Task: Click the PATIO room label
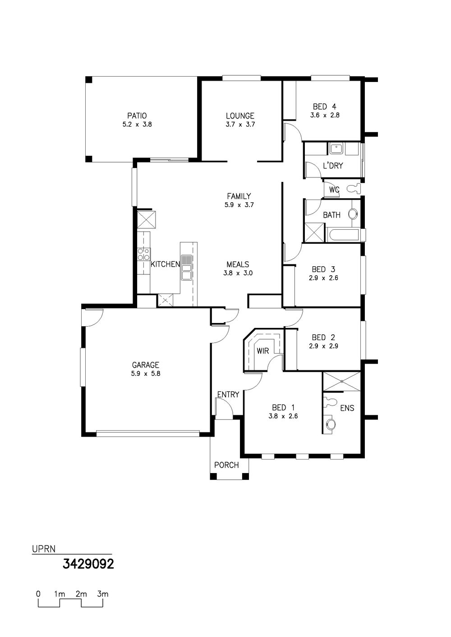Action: click(x=137, y=116)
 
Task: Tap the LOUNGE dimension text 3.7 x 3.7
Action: click(x=240, y=124)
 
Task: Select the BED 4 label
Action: click(x=325, y=107)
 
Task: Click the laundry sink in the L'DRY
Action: click(x=336, y=149)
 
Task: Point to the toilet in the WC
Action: click(x=355, y=188)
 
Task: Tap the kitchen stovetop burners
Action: click(x=143, y=254)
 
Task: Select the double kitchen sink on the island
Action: click(x=187, y=268)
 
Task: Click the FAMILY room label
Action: click(x=239, y=196)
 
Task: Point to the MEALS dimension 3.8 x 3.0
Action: click(x=238, y=273)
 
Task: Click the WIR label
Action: click(x=262, y=351)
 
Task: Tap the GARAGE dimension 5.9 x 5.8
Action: click(x=146, y=373)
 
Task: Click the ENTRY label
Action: click(x=228, y=395)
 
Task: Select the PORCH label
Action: click(x=226, y=465)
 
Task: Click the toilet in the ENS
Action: click(x=330, y=401)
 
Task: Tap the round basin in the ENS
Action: click(x=331, y=424)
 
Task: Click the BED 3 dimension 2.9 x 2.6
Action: click(x=323, y=278)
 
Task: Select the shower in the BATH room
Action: click(x=314, y=232)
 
